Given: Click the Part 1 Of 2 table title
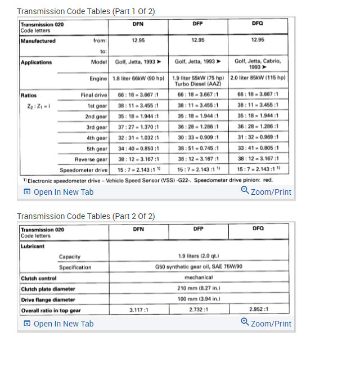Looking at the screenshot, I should pos(86,11).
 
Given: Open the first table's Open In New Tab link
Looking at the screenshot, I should pos(58,192).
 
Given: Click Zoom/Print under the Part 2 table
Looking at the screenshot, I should pos(266,324).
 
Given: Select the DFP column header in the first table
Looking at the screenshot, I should pos(197,24).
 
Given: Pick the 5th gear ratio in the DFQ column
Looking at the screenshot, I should pos(258,149).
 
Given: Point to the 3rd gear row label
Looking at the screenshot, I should pos(96,127).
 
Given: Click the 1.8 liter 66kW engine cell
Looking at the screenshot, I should pos(138,78).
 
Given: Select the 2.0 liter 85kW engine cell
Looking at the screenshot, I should pos(258,78).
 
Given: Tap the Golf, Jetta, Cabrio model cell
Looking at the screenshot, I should pos(258,64).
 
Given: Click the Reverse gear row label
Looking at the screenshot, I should pos(91,159).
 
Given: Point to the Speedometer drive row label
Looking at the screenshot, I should pos(84,169).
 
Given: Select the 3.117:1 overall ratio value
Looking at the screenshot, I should pos(138,310).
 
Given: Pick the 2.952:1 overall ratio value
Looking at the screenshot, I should pos(259,310).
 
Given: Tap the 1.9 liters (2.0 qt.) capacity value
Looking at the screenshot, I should pos(199,257).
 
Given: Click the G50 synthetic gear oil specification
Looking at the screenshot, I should pos(199,267).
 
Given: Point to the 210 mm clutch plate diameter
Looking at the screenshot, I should pos(199,288).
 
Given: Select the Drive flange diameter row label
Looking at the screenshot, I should pos(48,299).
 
